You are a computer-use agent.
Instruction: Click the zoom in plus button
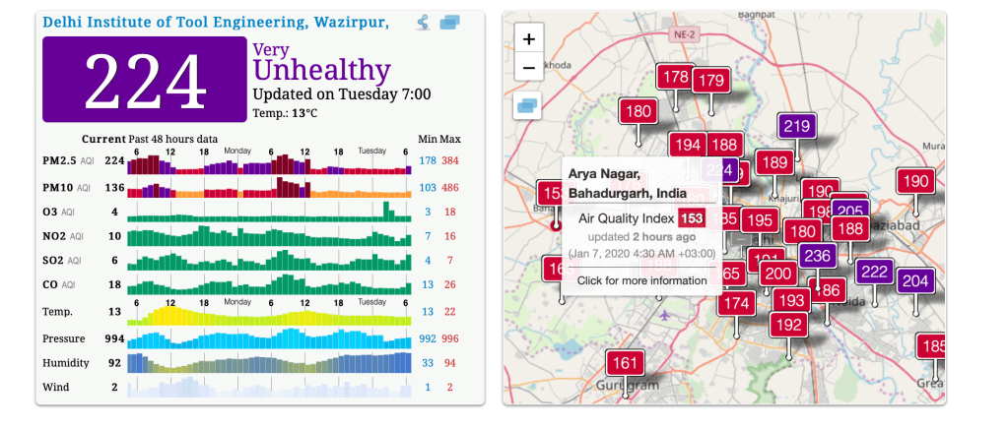tap(529, 39)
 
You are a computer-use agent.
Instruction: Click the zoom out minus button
tap(529, 68)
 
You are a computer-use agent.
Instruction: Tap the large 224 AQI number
tap(145, 80)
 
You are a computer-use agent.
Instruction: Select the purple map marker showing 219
tap(797, 126)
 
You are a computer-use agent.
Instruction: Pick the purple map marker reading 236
tap(817, 256)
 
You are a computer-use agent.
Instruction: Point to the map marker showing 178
tap(676, 77)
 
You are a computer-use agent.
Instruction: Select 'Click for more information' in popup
tap(641, 280)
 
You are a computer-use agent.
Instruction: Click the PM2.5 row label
tap(60, 160)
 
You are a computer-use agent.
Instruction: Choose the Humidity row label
tap(66, 363)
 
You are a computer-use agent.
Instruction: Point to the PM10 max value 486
tap(450, 187)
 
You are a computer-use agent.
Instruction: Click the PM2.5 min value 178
tap(428, 160)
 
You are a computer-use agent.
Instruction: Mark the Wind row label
tap(56, 388)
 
